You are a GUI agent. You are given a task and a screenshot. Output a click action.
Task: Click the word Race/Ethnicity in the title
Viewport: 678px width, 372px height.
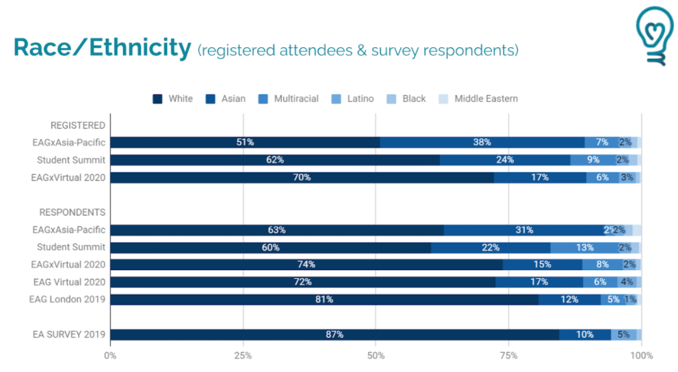(102, 48)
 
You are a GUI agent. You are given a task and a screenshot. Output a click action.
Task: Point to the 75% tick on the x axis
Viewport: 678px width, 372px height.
(508, 356)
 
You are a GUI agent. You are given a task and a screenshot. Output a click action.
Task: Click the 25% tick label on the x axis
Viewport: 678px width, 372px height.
(243, 356)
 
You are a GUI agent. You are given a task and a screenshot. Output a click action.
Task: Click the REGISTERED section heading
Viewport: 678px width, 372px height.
(78, 125)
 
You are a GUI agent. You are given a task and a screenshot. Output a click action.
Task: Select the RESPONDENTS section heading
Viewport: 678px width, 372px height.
(73, 212)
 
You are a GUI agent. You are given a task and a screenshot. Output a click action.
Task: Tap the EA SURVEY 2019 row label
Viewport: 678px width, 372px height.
(69, 334)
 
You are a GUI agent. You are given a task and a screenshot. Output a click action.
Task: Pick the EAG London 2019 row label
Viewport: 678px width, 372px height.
(67, 299)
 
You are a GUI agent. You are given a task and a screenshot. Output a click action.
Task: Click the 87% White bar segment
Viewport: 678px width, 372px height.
(335, 334)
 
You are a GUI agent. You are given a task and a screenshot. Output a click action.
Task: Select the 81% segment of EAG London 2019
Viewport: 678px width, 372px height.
(324, 300)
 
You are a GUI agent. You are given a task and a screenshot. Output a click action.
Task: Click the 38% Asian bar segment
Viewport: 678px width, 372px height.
(482, 142)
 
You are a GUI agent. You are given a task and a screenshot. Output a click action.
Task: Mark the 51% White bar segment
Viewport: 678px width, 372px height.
(245, 142)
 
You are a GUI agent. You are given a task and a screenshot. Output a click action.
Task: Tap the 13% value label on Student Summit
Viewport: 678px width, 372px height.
(584, 248)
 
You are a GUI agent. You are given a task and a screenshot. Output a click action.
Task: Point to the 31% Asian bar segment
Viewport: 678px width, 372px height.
(524, 230)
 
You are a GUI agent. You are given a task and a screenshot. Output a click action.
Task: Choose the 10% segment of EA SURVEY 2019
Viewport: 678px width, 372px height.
(585, 334)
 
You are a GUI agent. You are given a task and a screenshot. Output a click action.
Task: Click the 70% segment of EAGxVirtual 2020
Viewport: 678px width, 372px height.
(302, 177)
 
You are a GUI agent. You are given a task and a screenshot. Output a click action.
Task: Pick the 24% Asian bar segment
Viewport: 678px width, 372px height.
(505, 160)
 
